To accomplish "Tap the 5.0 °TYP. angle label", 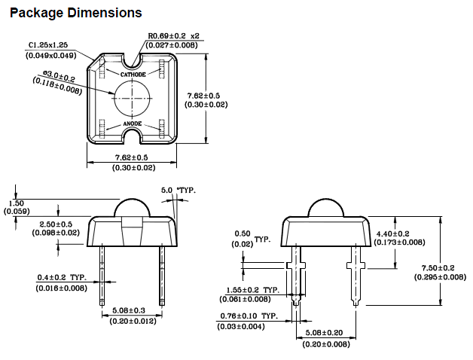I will (178, 191).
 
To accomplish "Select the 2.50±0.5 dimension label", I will (56, 224).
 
